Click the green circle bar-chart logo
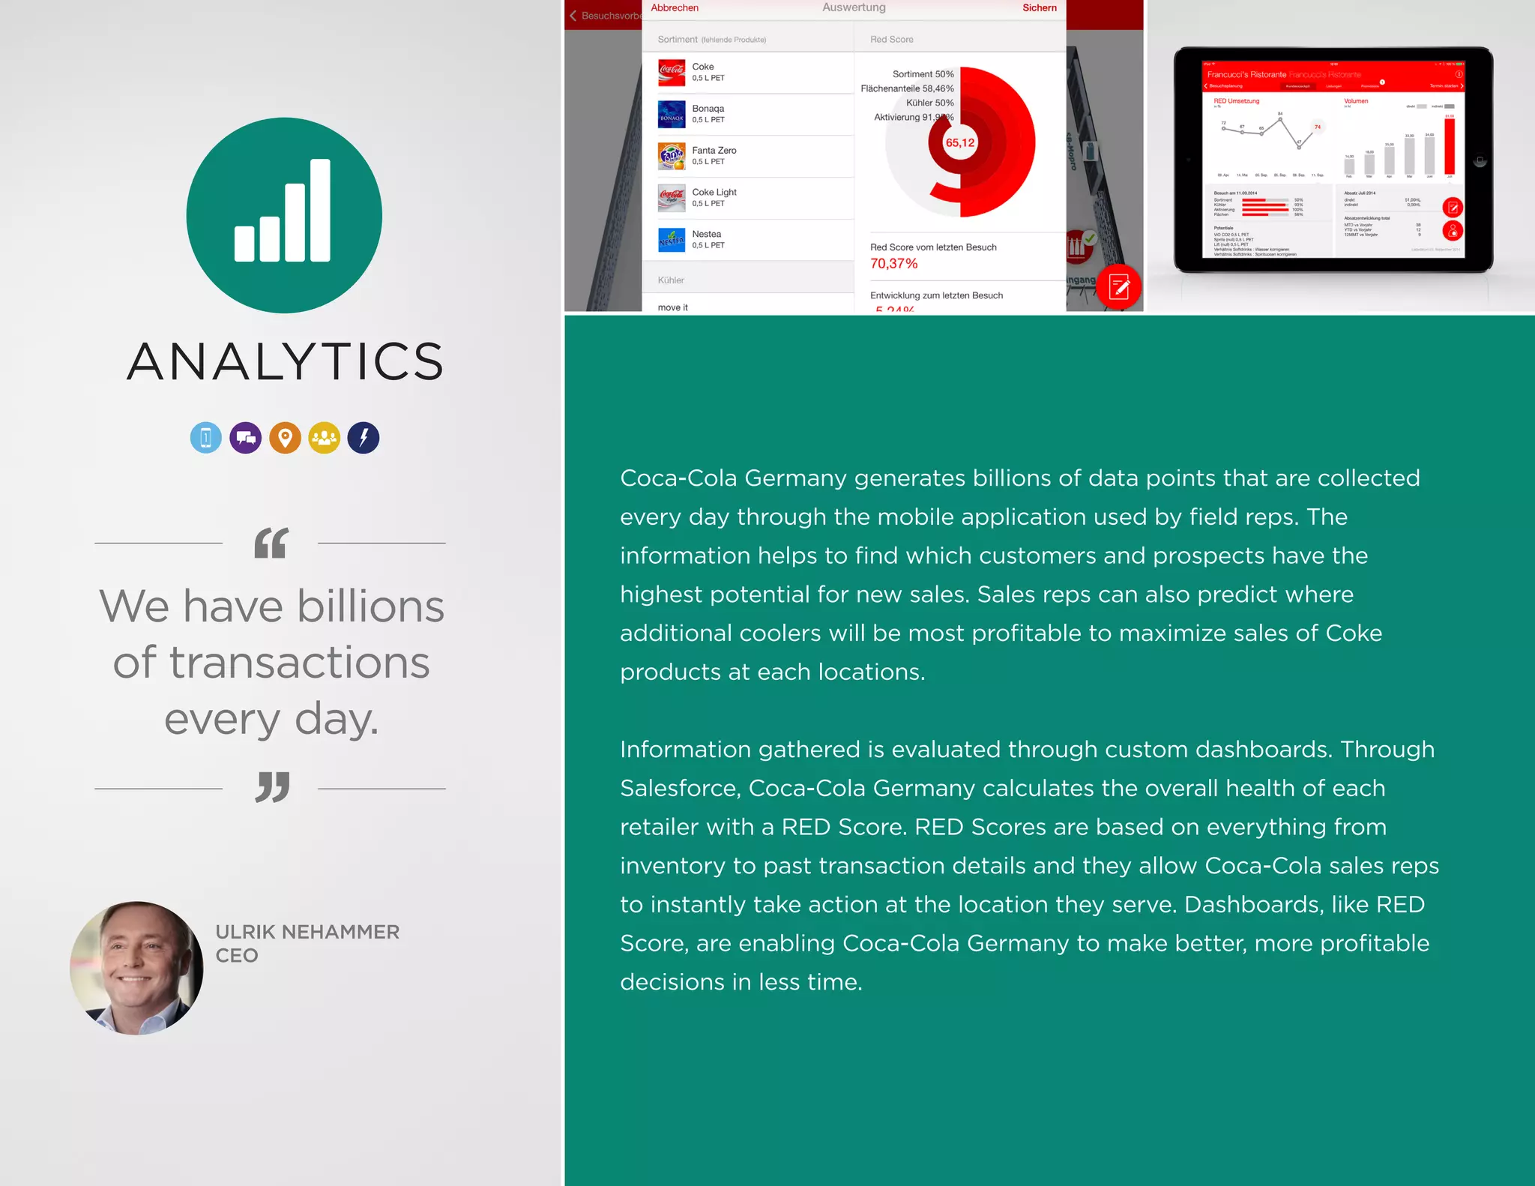tap(284, 215)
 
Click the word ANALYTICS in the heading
tap(285, 361)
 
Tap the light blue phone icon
tap(206, 438)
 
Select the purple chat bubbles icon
tap(245, 438)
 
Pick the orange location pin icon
tap(285, 438)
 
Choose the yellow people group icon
tap(325, 438)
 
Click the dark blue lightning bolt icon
tap(364, 438)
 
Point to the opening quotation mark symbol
tap(271, 543)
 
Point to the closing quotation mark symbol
tap(272, 787)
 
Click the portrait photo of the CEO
tap(136, 968)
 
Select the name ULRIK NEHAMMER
tap(307, 932)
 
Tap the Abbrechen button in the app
tap(675, 8)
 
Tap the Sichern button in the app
tap(1040, 8)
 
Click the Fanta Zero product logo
tap(672, 156)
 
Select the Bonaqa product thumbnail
tap(672, 114)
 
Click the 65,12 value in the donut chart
tap(960, 142)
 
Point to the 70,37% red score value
tap(894, 263)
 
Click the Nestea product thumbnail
tap(672, 240)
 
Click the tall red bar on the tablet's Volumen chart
tap(1450, 145)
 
